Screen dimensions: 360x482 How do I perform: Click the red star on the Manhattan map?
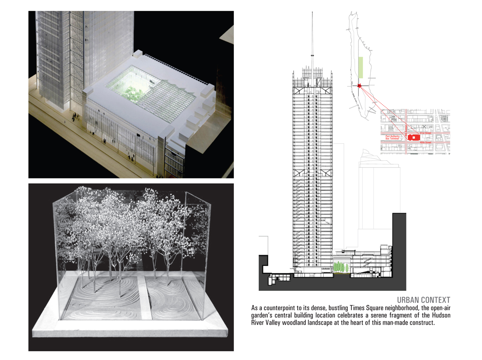359,85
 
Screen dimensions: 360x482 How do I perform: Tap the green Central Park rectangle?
361,67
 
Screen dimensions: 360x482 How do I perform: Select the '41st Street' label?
425,133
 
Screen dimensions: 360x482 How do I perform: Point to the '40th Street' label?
425,142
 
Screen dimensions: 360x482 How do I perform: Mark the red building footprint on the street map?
414,137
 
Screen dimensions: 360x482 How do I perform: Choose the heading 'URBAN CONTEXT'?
423,300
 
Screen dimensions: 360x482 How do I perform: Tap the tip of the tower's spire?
312,13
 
